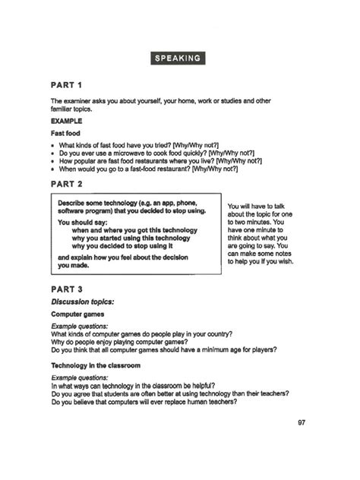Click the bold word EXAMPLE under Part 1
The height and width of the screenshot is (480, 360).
coord(66,120)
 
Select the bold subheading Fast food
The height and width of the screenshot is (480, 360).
coord(66,133)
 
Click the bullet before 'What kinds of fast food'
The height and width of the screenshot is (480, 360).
coord(53,143)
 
